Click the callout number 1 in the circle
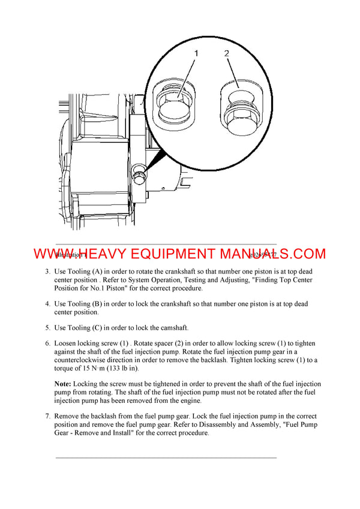(x=195, y=54)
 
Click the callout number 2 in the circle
(x=227, y=54)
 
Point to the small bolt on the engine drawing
(x=139, y=176)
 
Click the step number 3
(x=47, y=272)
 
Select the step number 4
(x=47, y=304)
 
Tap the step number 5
(x=47, y=328)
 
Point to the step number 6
(x=47, y=344)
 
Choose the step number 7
(x=47, y=416)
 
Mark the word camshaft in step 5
(x=172, y=328)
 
